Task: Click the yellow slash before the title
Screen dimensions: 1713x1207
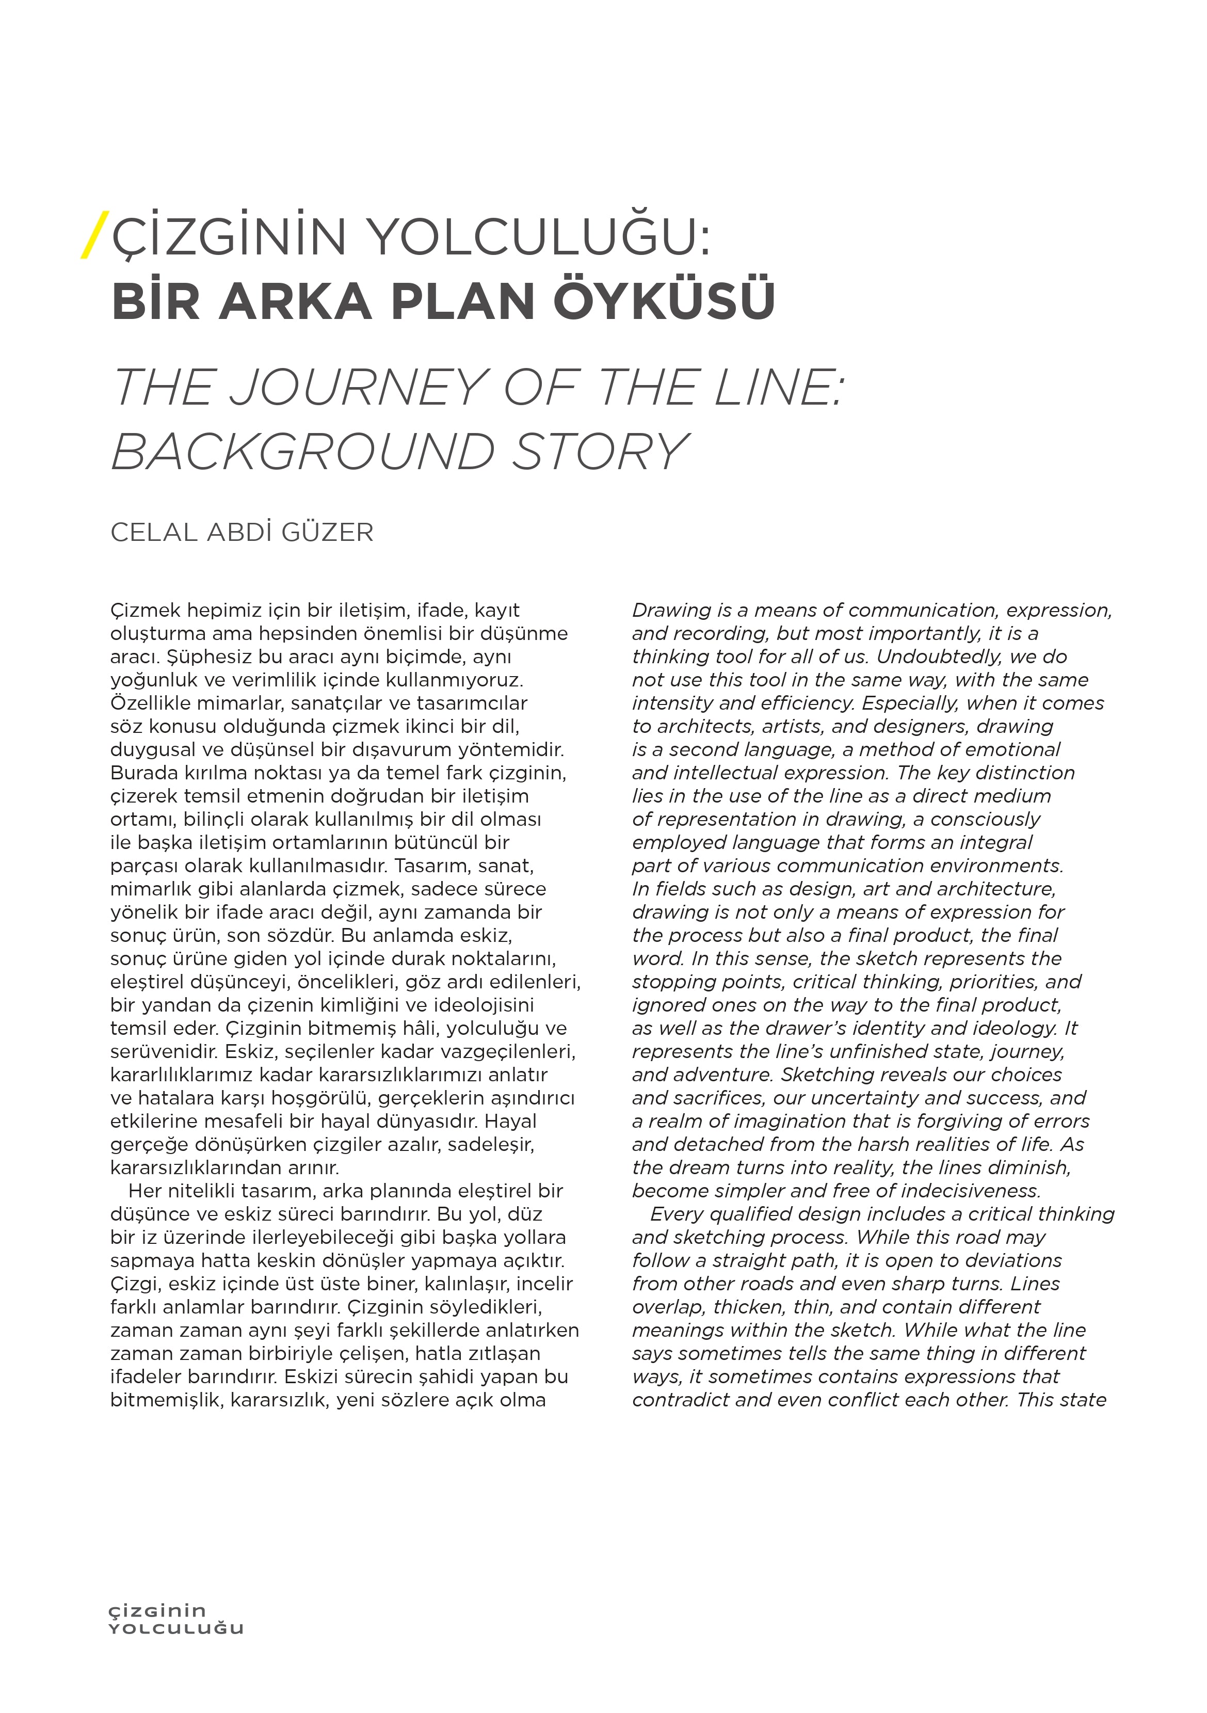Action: click(x=95, y=235)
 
